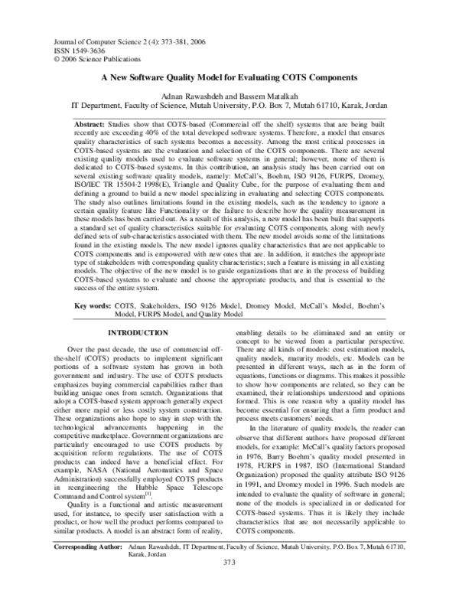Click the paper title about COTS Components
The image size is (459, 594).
pos(229,78)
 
